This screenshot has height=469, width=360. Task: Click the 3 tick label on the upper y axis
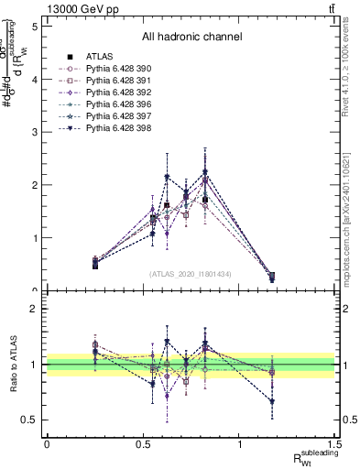point(34,132)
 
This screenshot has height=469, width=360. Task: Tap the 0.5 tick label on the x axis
point(143,444)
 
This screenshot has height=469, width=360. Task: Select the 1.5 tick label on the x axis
point(336,444)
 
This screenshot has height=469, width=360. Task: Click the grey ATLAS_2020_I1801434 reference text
point(191,274)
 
